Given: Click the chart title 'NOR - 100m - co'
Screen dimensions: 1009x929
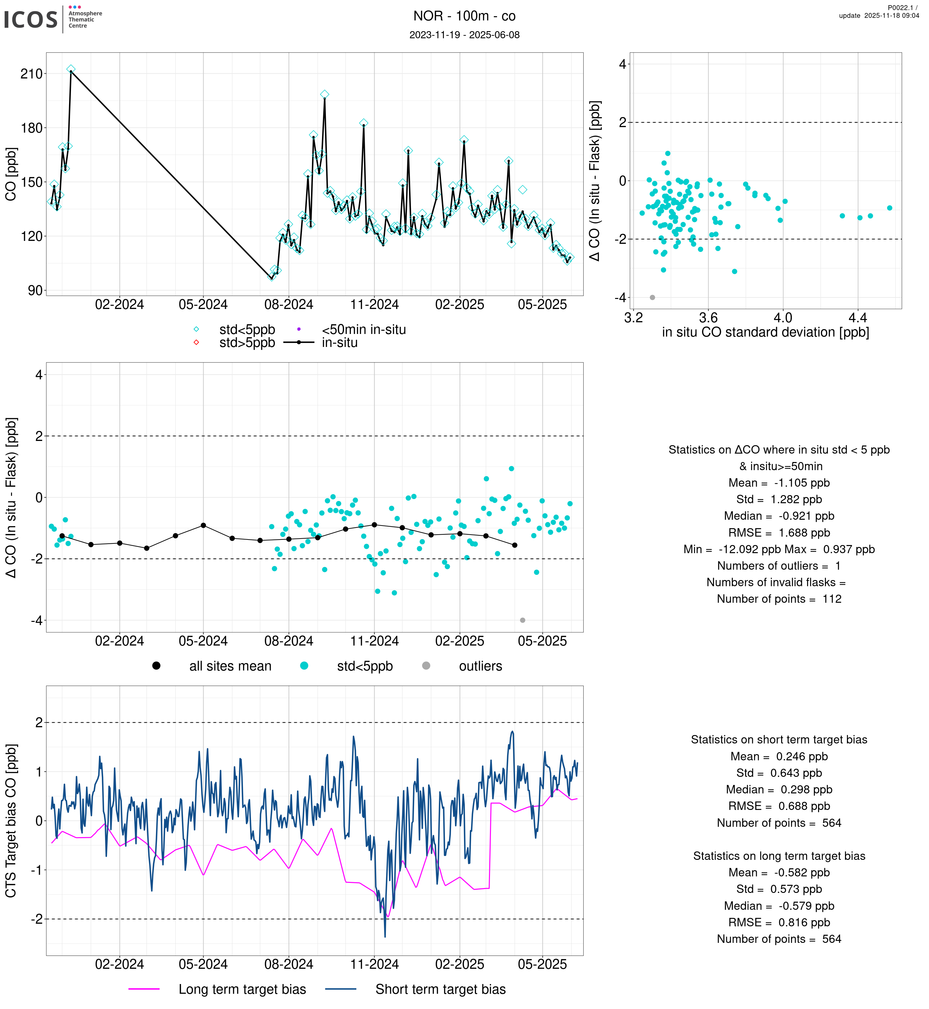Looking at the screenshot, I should pyautogui.click(x=464, y=16).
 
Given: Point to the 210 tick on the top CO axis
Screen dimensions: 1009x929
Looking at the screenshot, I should pyautogui.click(x=31, y=74).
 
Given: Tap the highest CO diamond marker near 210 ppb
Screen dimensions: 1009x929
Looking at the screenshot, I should pyautogui.click(x=71, y=69).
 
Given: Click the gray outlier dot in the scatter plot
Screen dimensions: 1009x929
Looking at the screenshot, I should pyautogui.click(x=652, y=298).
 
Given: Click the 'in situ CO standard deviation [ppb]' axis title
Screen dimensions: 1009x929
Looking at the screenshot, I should pyautogui.click(x=765, y=332).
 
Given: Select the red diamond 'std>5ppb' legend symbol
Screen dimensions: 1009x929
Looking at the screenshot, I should pyautogui.click(x=196, y=343).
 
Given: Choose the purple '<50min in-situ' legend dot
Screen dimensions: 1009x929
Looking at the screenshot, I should pyautogui.click(x=299, y=330).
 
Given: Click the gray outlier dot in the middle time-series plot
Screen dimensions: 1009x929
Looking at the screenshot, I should pyautogui.click(x=522, y=620).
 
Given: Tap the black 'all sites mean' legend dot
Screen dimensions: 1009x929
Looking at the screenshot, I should pyautogui.click(x=156, y=666).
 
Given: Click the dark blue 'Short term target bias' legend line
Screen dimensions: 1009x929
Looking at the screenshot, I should pyautogui.click(x=340, y=990).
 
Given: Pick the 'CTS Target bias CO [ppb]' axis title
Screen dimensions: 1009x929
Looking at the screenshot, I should pyautogui.click(x=11, y=821).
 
